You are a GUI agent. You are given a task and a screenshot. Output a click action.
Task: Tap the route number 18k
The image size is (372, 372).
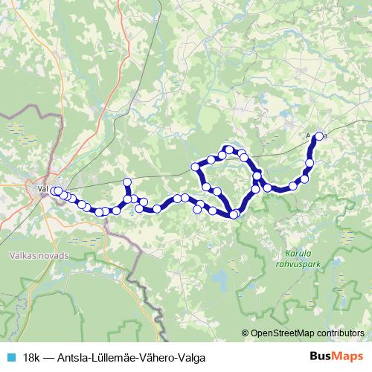pos(31,356)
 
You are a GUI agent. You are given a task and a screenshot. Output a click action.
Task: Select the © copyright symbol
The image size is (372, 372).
pos(245,333)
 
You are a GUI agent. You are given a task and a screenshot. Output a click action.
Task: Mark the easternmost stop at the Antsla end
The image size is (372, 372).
pos(319,136)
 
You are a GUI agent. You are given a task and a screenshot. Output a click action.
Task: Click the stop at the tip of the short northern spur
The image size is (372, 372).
pos(127,182)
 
